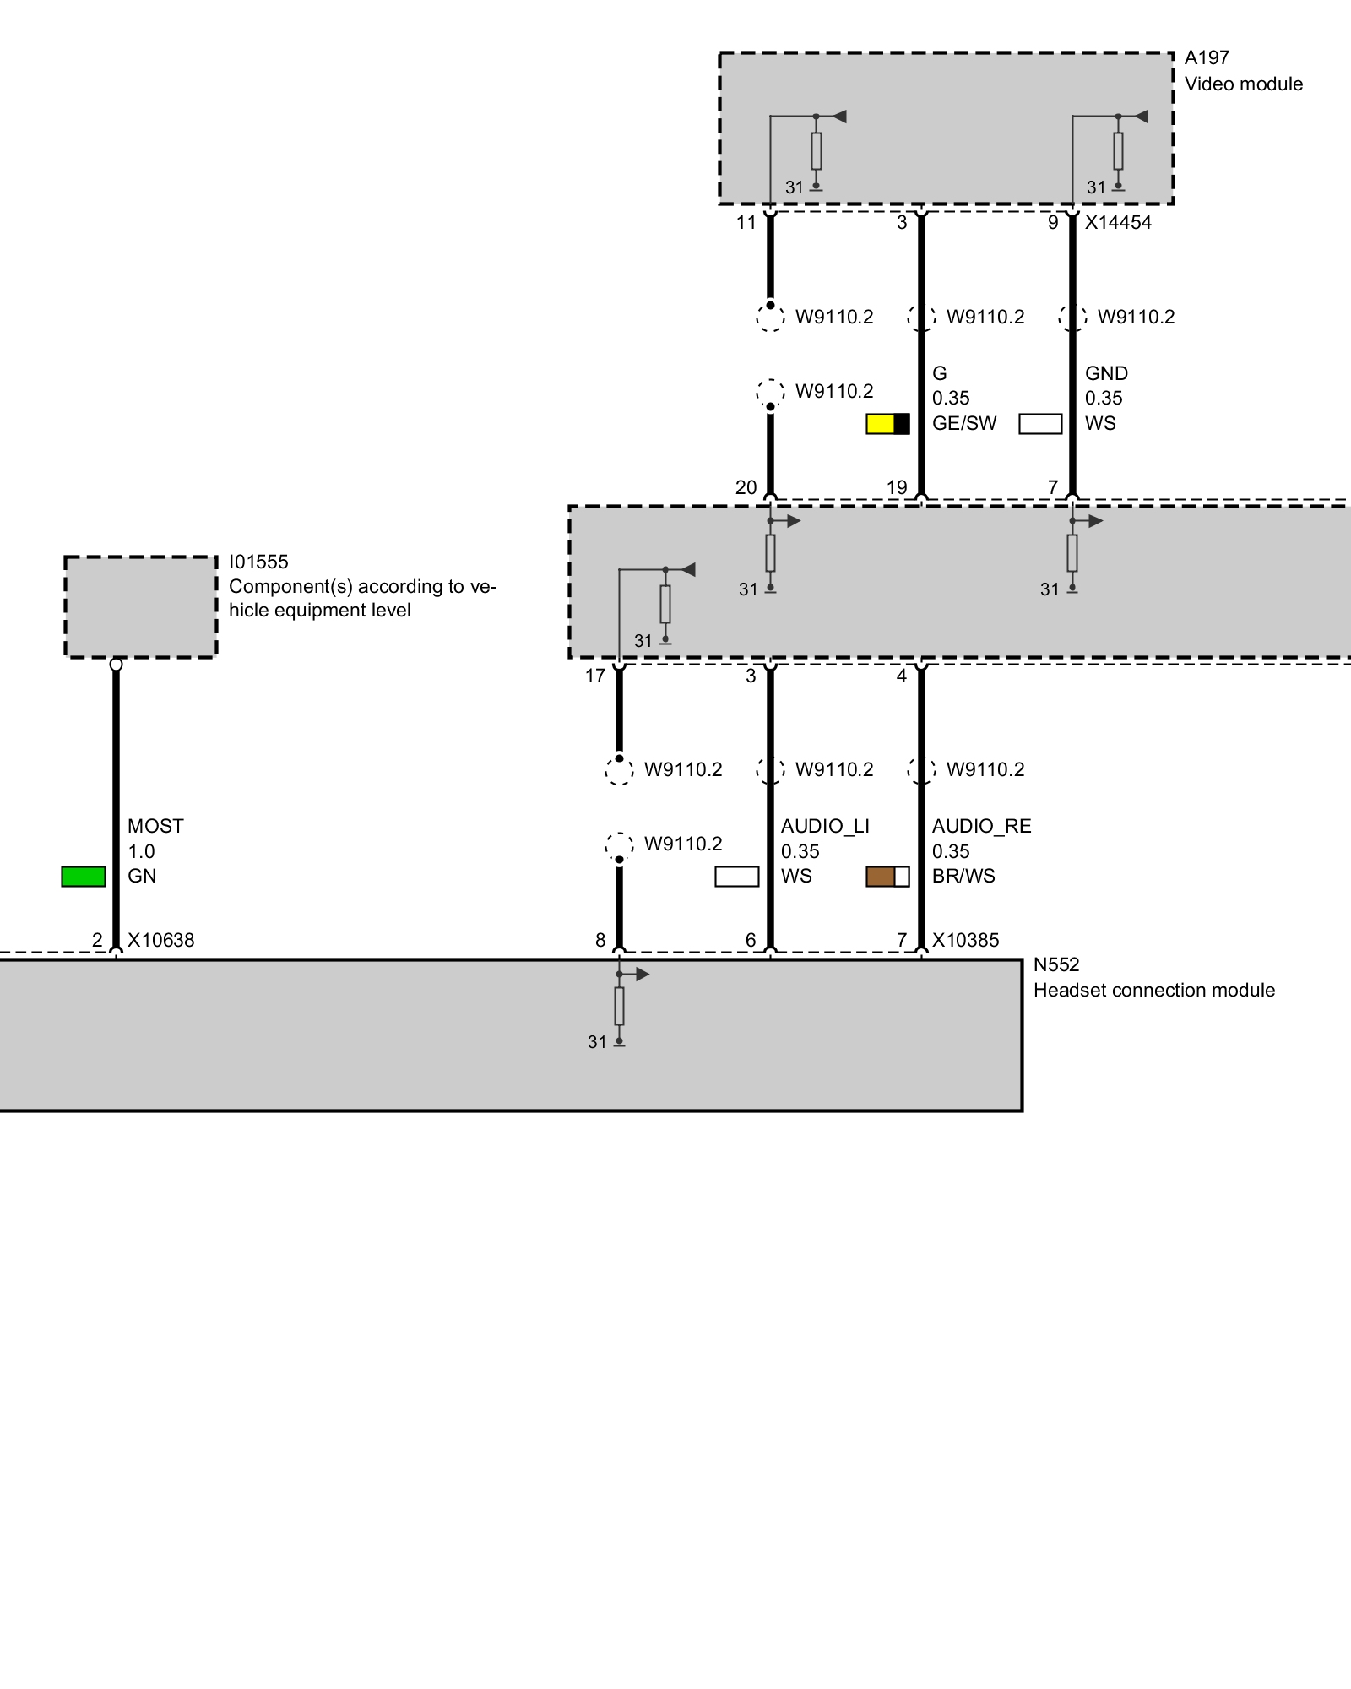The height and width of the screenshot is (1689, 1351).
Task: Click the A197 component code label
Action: (x=1207, y=58)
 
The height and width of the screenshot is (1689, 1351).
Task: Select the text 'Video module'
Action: (x=1243, y=84)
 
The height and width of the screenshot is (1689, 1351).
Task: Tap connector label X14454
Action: (x=1118, y=223)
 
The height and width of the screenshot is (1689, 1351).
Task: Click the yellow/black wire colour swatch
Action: (x=887, y=424)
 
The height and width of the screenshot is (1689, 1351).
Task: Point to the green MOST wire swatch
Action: (x=84, y=877)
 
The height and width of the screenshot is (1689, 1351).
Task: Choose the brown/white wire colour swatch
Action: (x=887, y=877)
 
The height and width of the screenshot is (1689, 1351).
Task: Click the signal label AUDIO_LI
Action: (x=824, y=826)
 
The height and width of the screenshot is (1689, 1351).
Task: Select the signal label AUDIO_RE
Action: (x=981, y=826)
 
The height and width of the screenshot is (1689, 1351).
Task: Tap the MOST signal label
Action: (x=155, y=826)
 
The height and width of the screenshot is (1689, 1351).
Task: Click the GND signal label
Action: (x=1106, y=373)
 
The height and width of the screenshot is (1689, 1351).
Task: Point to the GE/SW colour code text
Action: (x=964, y=424)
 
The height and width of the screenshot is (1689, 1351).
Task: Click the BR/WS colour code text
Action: (x=963, y=877)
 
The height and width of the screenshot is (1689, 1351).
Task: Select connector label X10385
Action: (x=965, y=941)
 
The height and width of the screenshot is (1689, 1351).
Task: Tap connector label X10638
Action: (x=160, y=941)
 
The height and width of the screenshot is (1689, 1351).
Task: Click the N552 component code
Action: (x=1056, y=965)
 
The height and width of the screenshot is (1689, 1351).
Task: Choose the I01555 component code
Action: (x=258, y=562)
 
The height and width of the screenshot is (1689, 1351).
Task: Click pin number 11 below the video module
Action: (x=746, y=223)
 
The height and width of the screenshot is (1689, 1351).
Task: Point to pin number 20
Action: (x=746, y=488)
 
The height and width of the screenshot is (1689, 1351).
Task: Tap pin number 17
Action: (x=595, y=676)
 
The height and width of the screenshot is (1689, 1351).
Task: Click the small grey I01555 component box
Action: (x=141, y=606)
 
